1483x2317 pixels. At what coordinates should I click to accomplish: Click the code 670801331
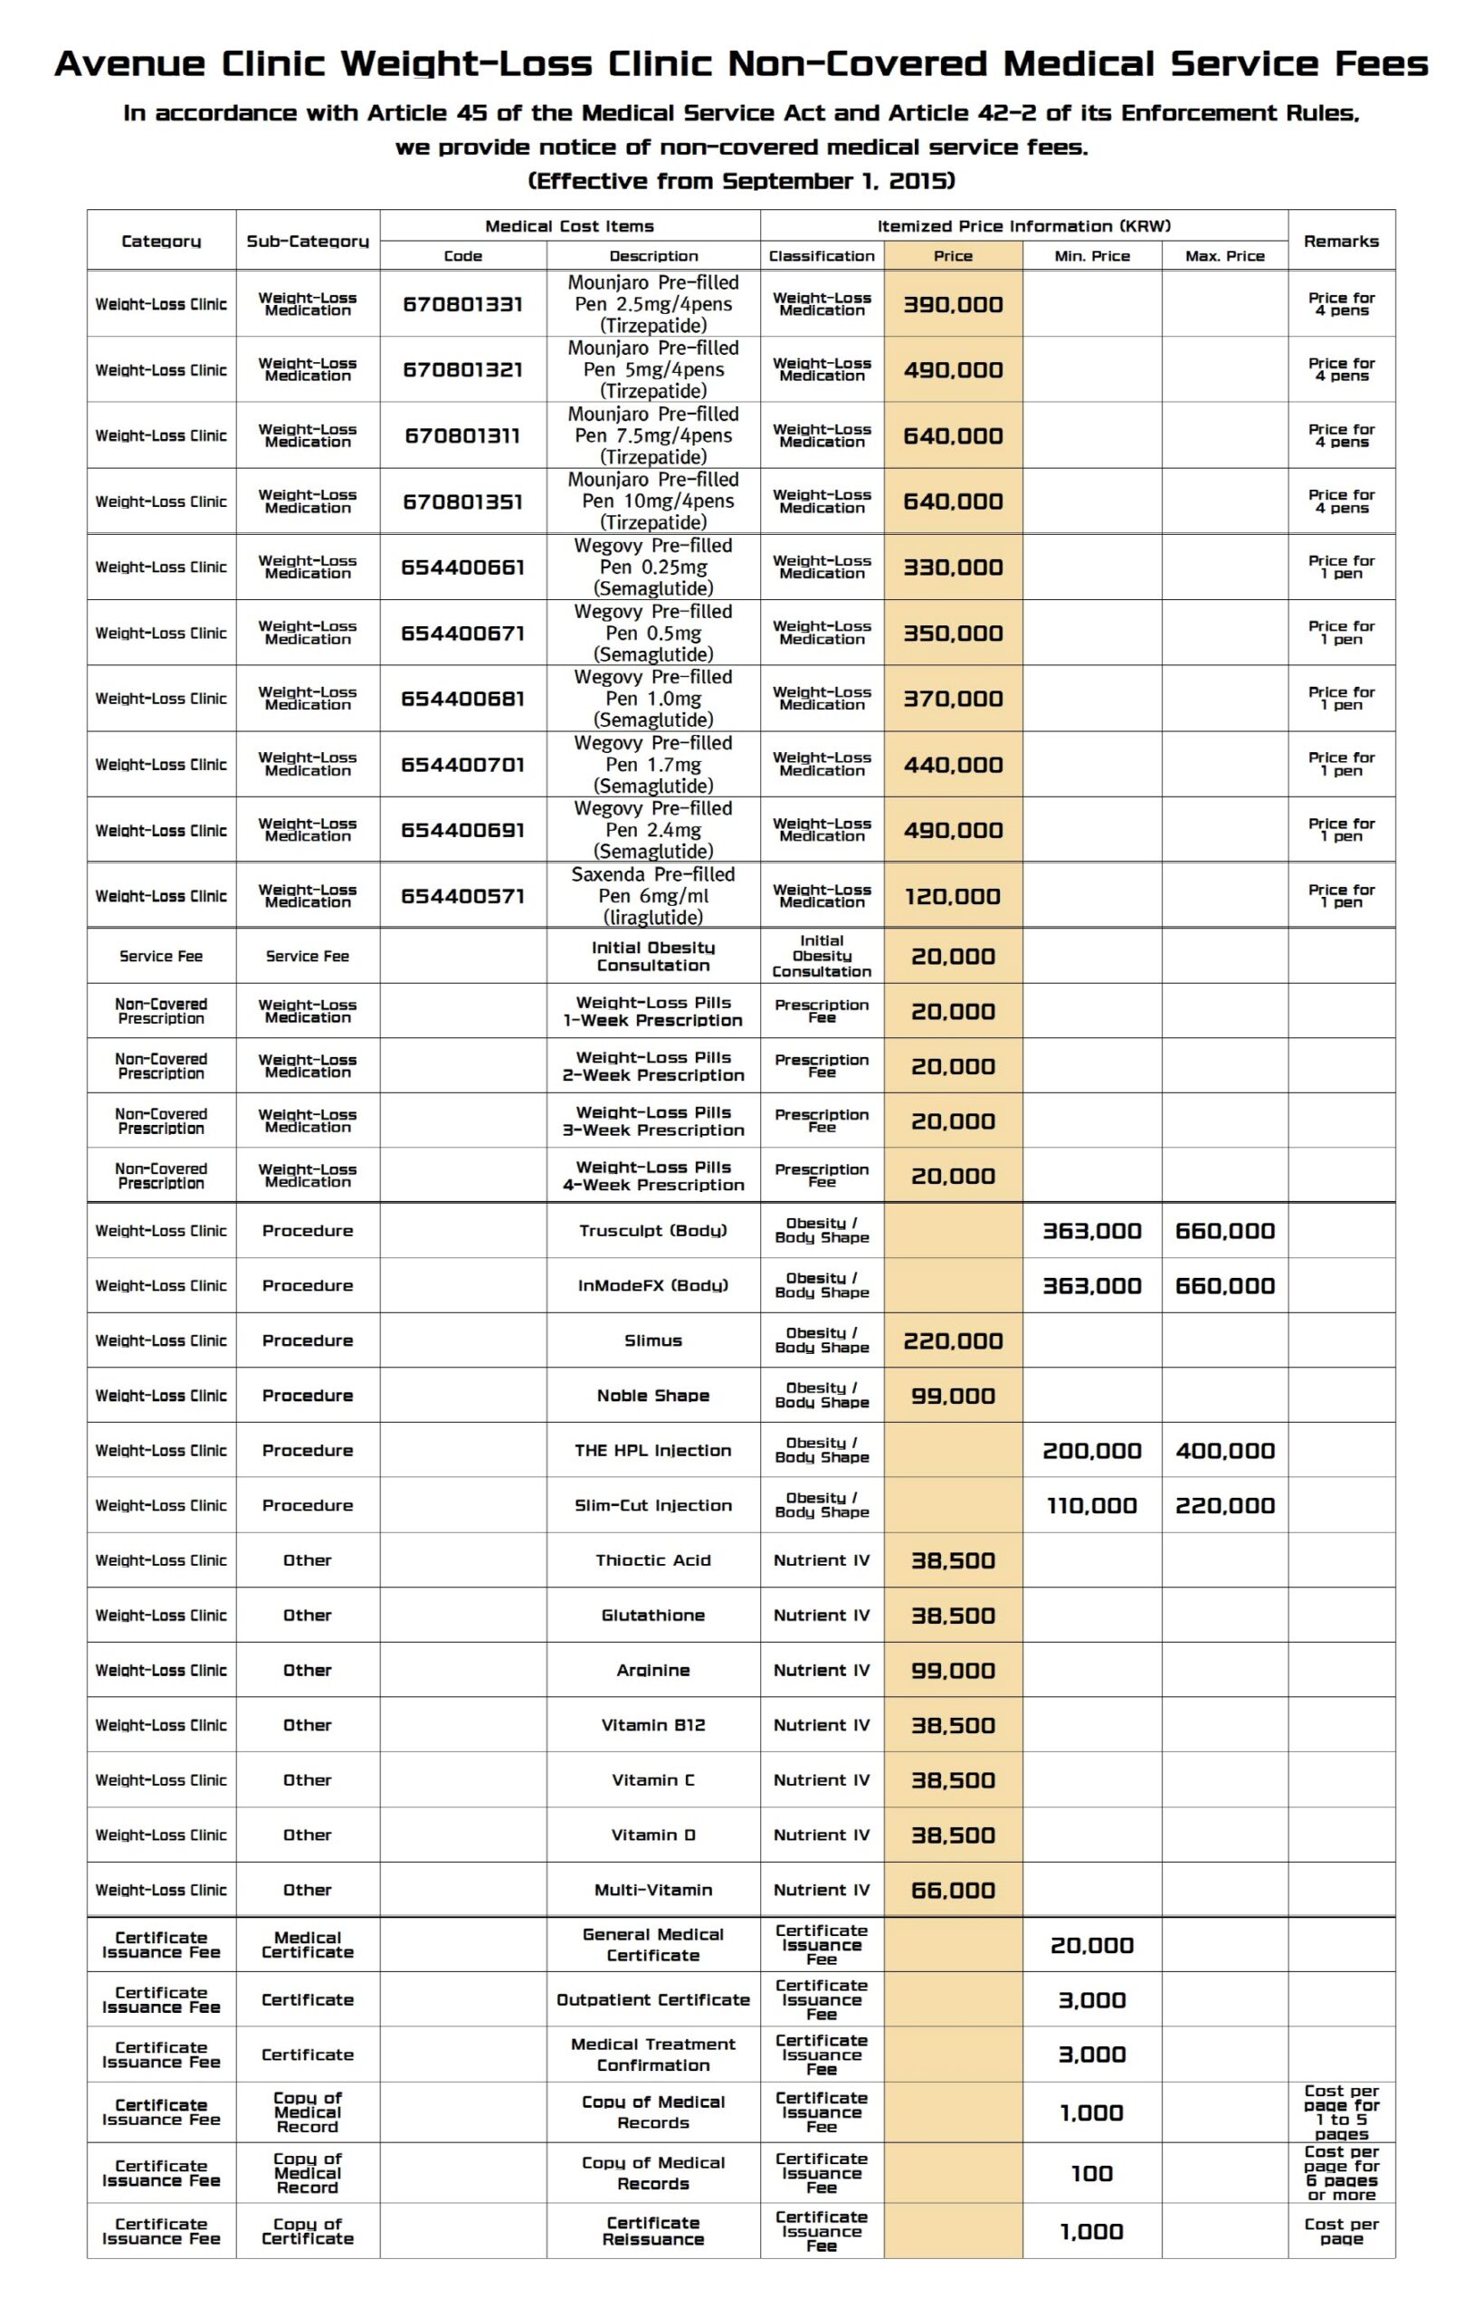[462, 304]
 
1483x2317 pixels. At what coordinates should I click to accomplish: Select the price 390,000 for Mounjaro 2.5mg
[953, 304]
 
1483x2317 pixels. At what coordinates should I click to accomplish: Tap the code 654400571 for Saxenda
[462, 896]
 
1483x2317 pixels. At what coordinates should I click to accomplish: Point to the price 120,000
[953, 896]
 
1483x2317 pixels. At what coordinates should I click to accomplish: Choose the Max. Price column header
[1224, 256]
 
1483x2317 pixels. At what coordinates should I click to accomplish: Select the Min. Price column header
[1091, 256]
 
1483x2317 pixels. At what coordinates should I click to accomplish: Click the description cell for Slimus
[653, 1340]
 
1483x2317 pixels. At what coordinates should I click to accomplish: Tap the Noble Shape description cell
[653, 1396]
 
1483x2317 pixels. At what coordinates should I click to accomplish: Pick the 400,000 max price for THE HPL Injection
[1224, 1450]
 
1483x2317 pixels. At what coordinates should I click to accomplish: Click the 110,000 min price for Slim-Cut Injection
[1091, 1505]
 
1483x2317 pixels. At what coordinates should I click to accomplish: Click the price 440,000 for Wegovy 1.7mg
[953, 765]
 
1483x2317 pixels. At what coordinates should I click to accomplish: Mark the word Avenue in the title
[129, 63]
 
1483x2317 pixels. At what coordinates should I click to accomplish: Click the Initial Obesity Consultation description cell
[653, 957]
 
